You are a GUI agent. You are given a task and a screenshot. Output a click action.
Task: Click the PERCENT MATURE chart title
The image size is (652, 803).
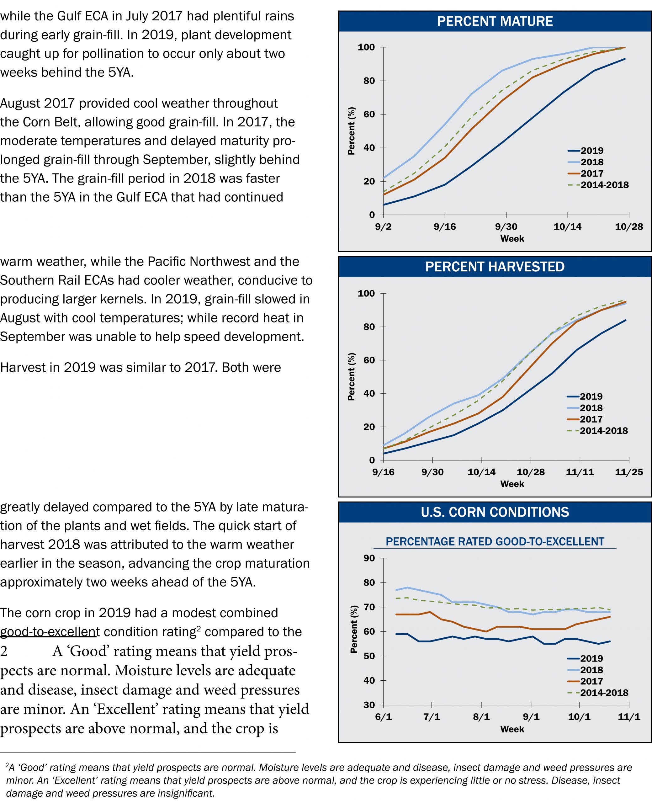coord(495,21)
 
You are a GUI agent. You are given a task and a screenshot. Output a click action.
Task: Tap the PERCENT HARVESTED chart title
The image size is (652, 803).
coord(495,267)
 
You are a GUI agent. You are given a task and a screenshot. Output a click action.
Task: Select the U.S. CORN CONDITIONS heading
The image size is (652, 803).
coord(495,512)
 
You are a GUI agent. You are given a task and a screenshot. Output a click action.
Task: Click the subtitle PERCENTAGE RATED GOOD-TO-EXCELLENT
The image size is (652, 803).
coord(495,542)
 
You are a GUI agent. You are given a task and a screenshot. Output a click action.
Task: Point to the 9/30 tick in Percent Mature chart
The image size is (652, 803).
coord(506,227)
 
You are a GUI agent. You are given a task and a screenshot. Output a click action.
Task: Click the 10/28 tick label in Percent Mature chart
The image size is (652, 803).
coord(629,227)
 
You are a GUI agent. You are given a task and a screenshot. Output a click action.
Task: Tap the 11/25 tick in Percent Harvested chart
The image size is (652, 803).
coord(629,472)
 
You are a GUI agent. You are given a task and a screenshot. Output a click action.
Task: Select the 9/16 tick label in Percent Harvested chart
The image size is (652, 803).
coord(383,472)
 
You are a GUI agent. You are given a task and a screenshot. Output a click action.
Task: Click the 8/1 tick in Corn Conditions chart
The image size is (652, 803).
coord(481,717)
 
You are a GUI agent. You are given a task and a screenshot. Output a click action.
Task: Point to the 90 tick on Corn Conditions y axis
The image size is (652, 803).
coord(369,558)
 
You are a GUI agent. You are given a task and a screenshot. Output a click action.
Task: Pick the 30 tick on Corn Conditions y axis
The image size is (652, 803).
coord(369,705)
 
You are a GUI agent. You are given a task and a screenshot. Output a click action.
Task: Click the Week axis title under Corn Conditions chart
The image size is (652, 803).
coord(512,729)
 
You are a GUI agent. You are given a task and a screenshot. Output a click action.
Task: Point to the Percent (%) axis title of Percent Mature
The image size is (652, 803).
coord(351,131)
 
